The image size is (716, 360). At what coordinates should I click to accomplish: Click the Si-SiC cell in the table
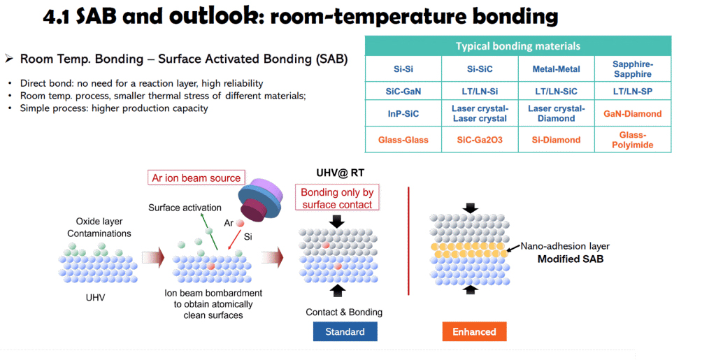[x=480, y=69]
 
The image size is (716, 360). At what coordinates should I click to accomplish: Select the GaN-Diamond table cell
[x=632, y=114]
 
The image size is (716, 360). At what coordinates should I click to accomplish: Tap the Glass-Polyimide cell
[x=632, y=140]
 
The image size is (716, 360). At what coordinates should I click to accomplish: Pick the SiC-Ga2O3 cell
[x=480, y=140]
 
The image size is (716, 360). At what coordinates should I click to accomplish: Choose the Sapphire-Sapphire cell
[x=632, y=69]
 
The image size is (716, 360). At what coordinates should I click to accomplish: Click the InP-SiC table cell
[x=403, y=114]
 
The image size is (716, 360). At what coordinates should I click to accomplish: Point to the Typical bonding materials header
[x=518, y=46]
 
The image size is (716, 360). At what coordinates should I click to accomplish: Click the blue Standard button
[x=345, y=332]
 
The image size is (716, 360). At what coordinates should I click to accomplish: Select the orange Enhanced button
[x=475, y=332]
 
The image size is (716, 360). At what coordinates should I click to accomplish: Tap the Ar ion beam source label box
[x=196, y=178]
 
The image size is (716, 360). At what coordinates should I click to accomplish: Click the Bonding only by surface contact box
[x=337, y=199]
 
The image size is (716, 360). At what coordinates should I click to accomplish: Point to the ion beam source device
[x=260, y=199]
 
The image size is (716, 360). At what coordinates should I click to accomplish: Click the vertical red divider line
[x=408, y=241]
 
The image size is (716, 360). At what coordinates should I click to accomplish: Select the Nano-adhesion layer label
[x=565, y=246]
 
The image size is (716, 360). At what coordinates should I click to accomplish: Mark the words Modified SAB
[x=571, y=259]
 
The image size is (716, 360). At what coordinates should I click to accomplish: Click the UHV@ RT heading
[x=341, y=173]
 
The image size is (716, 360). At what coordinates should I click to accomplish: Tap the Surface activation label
[x=185, y=208]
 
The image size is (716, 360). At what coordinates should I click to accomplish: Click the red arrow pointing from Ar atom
[x=235, y=239]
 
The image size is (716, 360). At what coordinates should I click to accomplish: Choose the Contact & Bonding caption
[x=344, y=312]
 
